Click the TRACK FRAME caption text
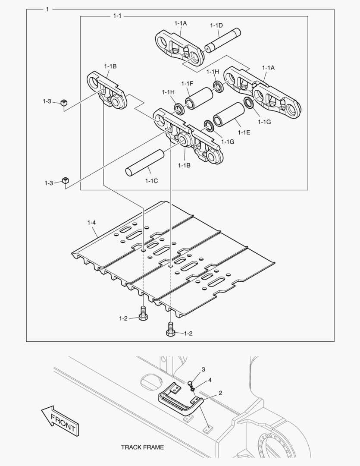coord(142,447)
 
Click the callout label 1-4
coord(91,223)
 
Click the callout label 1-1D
coord(216,25)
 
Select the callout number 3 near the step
coord(203,369)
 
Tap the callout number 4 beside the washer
coord(210,380)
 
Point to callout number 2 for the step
coord(220,393)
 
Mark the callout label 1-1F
coord(187,83)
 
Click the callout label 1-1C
coord(151,181)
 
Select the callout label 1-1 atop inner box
coord(117,16)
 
